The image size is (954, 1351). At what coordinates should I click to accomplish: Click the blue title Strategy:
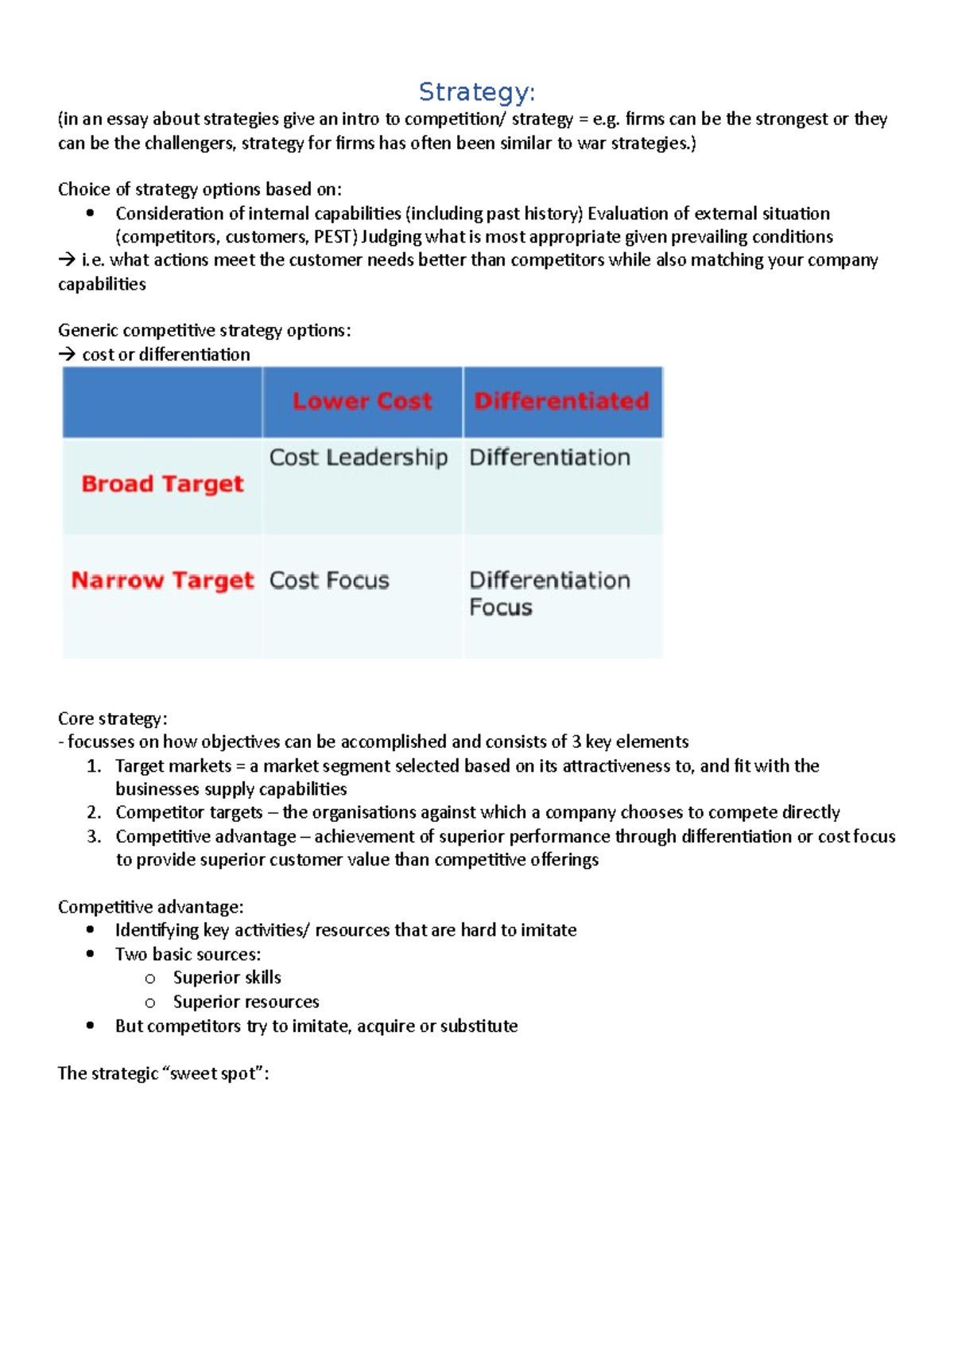coord(476,92)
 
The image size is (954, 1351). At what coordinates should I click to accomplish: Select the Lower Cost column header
coord(363,401)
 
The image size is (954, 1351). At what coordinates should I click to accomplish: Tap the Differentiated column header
coord(562,401)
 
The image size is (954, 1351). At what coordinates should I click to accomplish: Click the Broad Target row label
coord(162,484)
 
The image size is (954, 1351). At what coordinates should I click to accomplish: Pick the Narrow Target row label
coord(162,580)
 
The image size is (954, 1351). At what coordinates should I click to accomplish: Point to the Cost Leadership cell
coord(359,457)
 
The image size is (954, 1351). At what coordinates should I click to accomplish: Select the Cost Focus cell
coord(329,580)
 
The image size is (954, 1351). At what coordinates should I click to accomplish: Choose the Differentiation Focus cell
coord(549,594)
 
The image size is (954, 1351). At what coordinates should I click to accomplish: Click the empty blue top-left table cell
coord(162,402)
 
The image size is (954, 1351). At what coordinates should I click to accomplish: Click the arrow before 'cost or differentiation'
coord(67,355)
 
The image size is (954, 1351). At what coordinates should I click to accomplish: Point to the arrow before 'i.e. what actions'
coord(67,260)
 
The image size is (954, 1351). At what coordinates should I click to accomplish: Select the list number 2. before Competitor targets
coord(94,812)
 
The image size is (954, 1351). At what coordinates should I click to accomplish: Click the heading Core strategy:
coord(112,718)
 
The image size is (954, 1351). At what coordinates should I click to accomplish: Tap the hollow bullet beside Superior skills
coord(150,979)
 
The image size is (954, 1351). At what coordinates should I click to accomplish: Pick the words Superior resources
coord(246,1002)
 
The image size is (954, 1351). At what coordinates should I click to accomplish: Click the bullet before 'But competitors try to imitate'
coord(91,1026)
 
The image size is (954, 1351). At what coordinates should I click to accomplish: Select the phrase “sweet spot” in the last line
coord(212,1073)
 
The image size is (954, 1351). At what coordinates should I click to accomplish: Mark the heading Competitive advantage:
coord(150,907)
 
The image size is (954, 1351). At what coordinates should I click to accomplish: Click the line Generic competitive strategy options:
coord(204,330)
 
